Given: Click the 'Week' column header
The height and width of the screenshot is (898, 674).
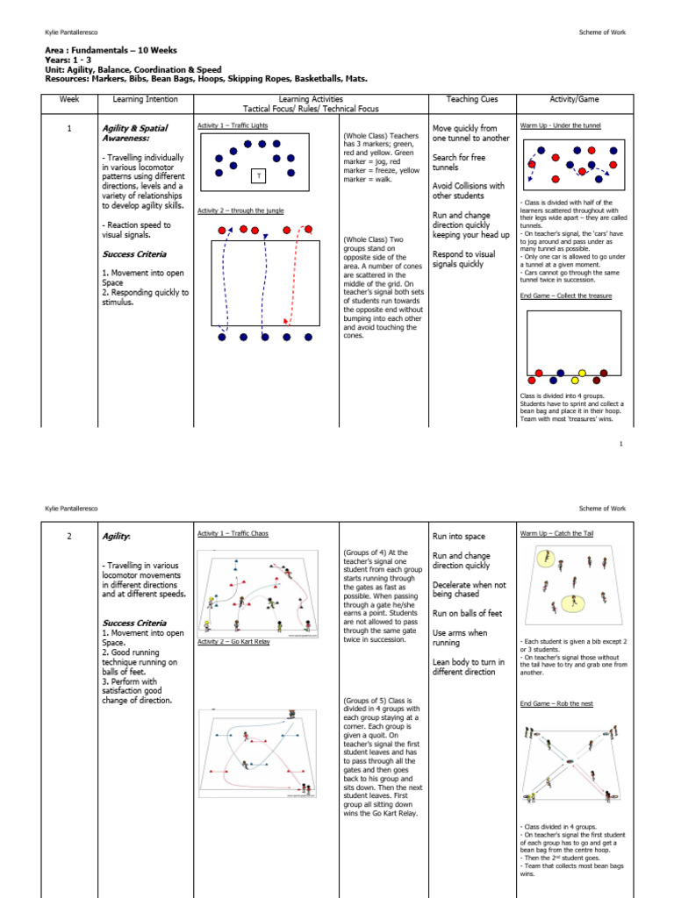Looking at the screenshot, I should click(68, 99).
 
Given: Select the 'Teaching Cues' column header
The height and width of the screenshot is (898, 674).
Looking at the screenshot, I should click(471, 99).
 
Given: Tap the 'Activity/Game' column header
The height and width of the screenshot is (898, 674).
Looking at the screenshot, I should click(574, 99).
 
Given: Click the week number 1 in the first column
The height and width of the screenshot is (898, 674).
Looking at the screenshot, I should click(68, 128).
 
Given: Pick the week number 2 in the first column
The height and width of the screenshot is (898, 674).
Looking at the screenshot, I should click(68, 535).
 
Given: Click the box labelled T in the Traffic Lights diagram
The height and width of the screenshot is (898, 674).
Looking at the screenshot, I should click(259, 176).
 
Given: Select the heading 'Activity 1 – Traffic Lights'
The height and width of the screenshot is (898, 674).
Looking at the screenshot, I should click(233, 125).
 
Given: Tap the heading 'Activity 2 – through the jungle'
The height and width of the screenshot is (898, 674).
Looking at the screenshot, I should click(240, 210).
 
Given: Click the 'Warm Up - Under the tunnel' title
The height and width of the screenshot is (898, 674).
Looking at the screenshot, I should click(561, 125).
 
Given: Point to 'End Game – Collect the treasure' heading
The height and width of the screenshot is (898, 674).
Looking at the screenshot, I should click(566, 296).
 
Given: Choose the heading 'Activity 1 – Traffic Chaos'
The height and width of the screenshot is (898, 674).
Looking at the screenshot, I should click(233, 533).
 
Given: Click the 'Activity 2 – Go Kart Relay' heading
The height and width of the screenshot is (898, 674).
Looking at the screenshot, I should click(233, 641).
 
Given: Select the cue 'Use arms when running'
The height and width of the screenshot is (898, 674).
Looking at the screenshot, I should click(460, 638).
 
